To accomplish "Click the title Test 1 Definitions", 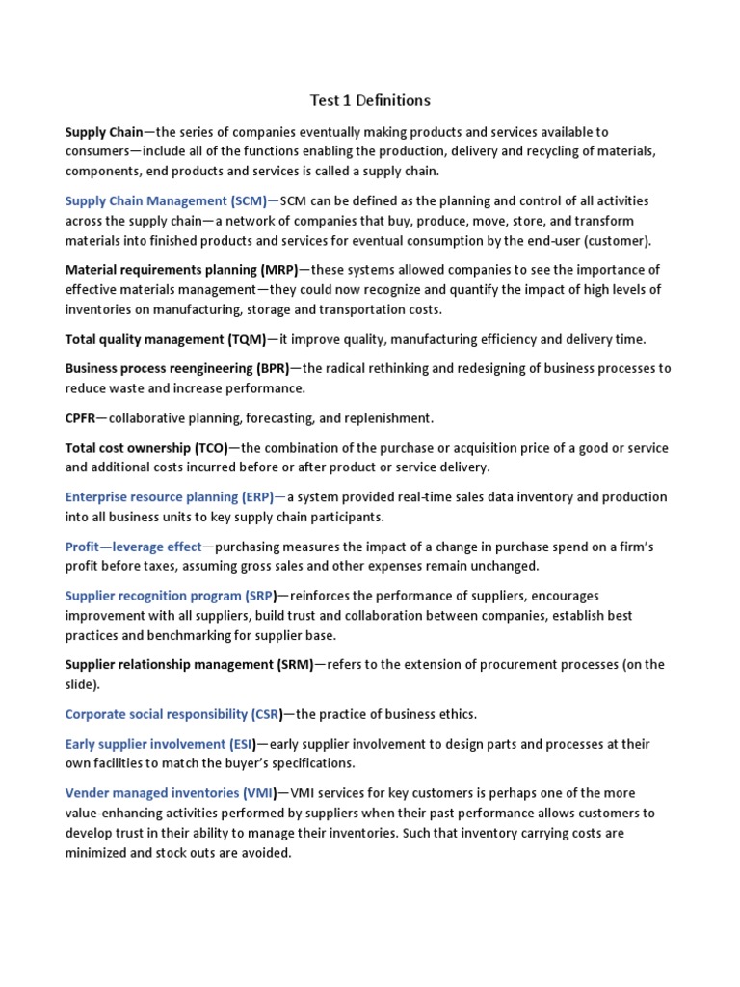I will tap(369, 100).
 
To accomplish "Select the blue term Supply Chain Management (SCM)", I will tap(166, 200).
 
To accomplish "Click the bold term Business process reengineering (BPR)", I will tap(177, 369).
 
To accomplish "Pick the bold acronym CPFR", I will tap(80, 418).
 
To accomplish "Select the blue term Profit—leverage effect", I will tap(134, 547).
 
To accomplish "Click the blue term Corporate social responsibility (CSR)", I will tap(173, 714).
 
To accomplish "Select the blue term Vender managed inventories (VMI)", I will tap(171, 793).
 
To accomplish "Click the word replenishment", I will tap(387, 418).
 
